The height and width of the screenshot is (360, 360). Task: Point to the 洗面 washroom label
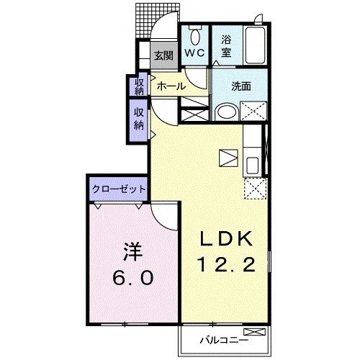pos(241,86)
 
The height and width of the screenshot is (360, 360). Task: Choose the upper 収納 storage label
pos(140,86)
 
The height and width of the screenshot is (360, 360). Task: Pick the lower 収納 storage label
pos(139,119)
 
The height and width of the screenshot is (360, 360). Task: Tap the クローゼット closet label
pos(119,189)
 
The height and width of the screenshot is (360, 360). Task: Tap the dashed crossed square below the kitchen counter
pos(254,189)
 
